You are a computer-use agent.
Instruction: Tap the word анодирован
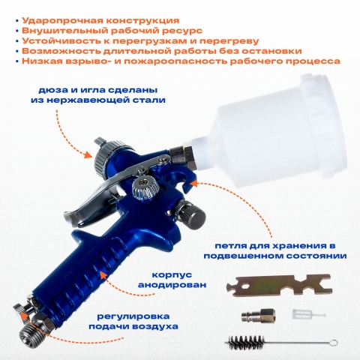(172, 285)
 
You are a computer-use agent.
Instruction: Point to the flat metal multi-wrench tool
(279, 285)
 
